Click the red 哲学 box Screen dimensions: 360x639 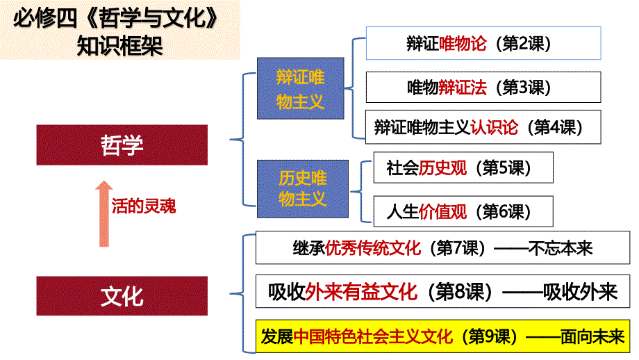(x=122, y=145)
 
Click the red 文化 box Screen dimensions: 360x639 (x=122, y=297)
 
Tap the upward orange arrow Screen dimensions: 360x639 (x=103, y=213)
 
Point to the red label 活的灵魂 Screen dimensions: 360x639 (x=144, y=206)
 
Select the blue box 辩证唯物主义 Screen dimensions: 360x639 (x=300, y=88)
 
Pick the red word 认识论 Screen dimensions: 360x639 (x=494, y=127)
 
